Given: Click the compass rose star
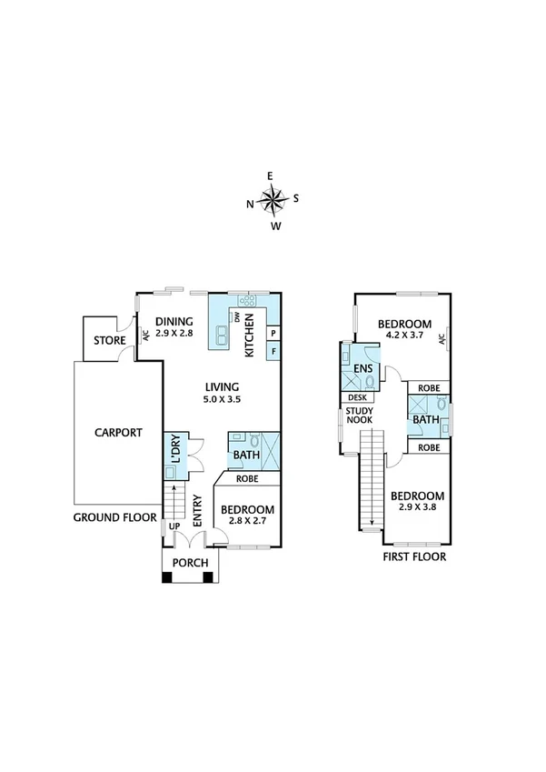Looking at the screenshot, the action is click(274, 199).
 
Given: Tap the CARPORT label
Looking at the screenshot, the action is click(118, 432).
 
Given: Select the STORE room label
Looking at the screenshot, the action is click(110, 340).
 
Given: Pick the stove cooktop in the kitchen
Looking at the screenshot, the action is click(246, 300).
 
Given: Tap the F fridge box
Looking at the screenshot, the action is click(273, 352).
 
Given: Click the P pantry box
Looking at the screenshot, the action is click(273, 334).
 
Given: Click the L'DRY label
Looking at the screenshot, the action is click(176, 448).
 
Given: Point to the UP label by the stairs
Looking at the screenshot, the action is click(174, 526).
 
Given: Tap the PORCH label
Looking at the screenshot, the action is click(191, 563).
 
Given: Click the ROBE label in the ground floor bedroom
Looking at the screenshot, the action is click(247, 478).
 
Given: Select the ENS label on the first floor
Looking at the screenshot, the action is click(363, 369).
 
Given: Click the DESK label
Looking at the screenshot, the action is click(357, 397).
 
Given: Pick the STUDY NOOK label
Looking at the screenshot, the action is click(360, 415).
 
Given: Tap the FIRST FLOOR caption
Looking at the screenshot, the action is click(414, 556).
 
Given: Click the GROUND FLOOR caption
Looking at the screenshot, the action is click(115, 517).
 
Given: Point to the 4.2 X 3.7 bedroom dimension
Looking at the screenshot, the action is click(405, 336).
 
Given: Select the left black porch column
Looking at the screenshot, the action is click(167, 577).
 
